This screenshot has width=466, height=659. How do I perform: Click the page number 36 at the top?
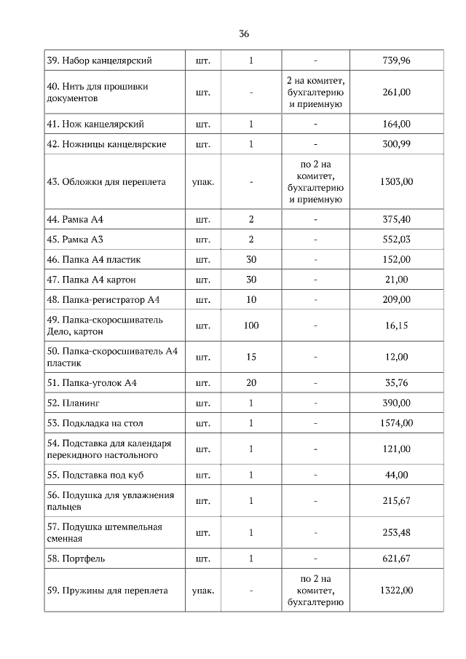pyautogui.click(x=244, y=34)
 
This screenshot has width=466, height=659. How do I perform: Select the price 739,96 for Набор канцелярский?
pyautogui.click(x=396, y=60)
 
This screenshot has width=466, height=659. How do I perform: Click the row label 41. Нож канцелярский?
pyautogui.click(x=95, y=125)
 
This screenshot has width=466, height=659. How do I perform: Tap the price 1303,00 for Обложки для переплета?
pyautogui.click(x=396, y=181)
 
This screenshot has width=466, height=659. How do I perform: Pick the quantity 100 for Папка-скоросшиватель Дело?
pyautogui.click(x=251, y=325)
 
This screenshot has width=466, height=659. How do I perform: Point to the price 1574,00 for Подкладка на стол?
pyautogui.click(x=396, y=423)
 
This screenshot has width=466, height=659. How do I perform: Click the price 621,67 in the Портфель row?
pyautogui.click(x=396, y=559)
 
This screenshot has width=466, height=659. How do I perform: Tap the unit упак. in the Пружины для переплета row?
pyautogui.click(x=202, y=591)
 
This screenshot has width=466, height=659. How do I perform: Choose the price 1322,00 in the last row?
pyautogui.click(x=396, y=591)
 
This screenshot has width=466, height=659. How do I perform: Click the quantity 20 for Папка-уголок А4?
pyautogui.click(x=251, y=383)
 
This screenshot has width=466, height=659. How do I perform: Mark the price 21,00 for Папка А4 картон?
pyautogui.click(x=396, y=280)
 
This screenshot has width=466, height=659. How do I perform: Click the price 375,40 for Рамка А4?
pyautogui.click(x=396, y=219)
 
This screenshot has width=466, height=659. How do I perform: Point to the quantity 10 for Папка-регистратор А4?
pyautogui.click(x=251, y=299)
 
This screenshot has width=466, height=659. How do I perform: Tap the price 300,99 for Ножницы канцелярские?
pyautogui.click(x=396, y=144)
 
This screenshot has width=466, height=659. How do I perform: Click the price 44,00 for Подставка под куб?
pyautogui.click(x=396, y=475)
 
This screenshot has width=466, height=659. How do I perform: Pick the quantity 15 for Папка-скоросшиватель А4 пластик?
pyautogui.click(x=251, y=357)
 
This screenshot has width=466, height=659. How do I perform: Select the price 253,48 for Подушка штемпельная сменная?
pyautogui.click(x=396, y=532)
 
